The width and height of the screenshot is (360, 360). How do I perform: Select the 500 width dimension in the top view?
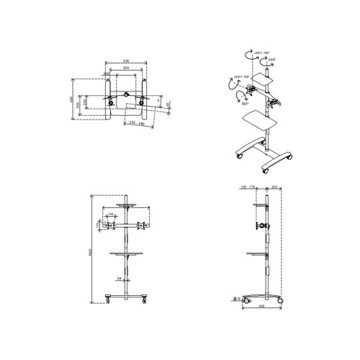(x=126, y=68)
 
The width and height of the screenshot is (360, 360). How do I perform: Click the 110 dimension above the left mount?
(x=112, y=215)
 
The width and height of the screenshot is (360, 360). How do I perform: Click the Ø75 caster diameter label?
(x=237, y=300)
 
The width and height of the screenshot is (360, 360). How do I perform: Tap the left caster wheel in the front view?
(x=108, y=298)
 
